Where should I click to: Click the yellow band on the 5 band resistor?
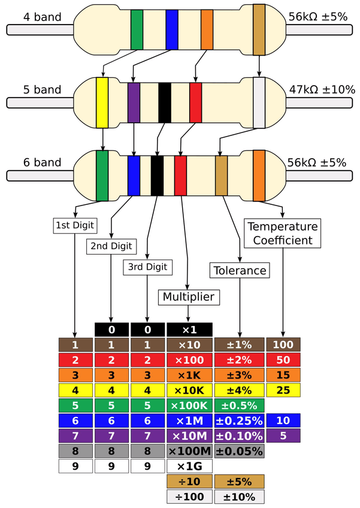pyautogui.click(x=102, y=102)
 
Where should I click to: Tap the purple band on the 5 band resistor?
pyautogui.click(x=134, y=102)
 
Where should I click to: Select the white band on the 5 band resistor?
pyautogui.click(x=259, y=102)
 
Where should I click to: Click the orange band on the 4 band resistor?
pyautogui.click(x=207, y=29)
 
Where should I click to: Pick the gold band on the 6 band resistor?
pyautogui.click(x=221, y=176)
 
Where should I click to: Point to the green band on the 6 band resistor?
pyautogui.click(x=102, y=176)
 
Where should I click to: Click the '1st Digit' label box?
pyautogui.click(x=75, y=225)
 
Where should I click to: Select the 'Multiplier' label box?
pyautogui.click(x=189, y=297)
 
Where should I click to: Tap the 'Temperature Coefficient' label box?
pyautogui.click(x=282, y=233)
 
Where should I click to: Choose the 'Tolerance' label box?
pyautogui.click(x=240, y=271)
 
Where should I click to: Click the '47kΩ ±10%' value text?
pyautogui.click(x=322, y=89)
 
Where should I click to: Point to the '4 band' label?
pyautogui.click(x=42, y=17)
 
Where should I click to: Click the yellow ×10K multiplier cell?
pyautogui.click(x=189, y=391)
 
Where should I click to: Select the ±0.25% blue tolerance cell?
pyautogui.click(x=239, y=421)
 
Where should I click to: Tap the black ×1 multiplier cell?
pyautogui.click(x=189, y=330)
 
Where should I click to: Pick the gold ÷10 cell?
pyautogui.click(x=189, y=482)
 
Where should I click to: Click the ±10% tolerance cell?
pyautogui.click(x=239, y=497)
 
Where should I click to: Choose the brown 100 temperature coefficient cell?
pyautogui.click(x=283, y=344)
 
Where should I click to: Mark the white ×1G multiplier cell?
pyautogui.click(x=189, y=466)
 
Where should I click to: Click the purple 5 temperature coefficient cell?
pyautogui.click(x=283, y=436)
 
